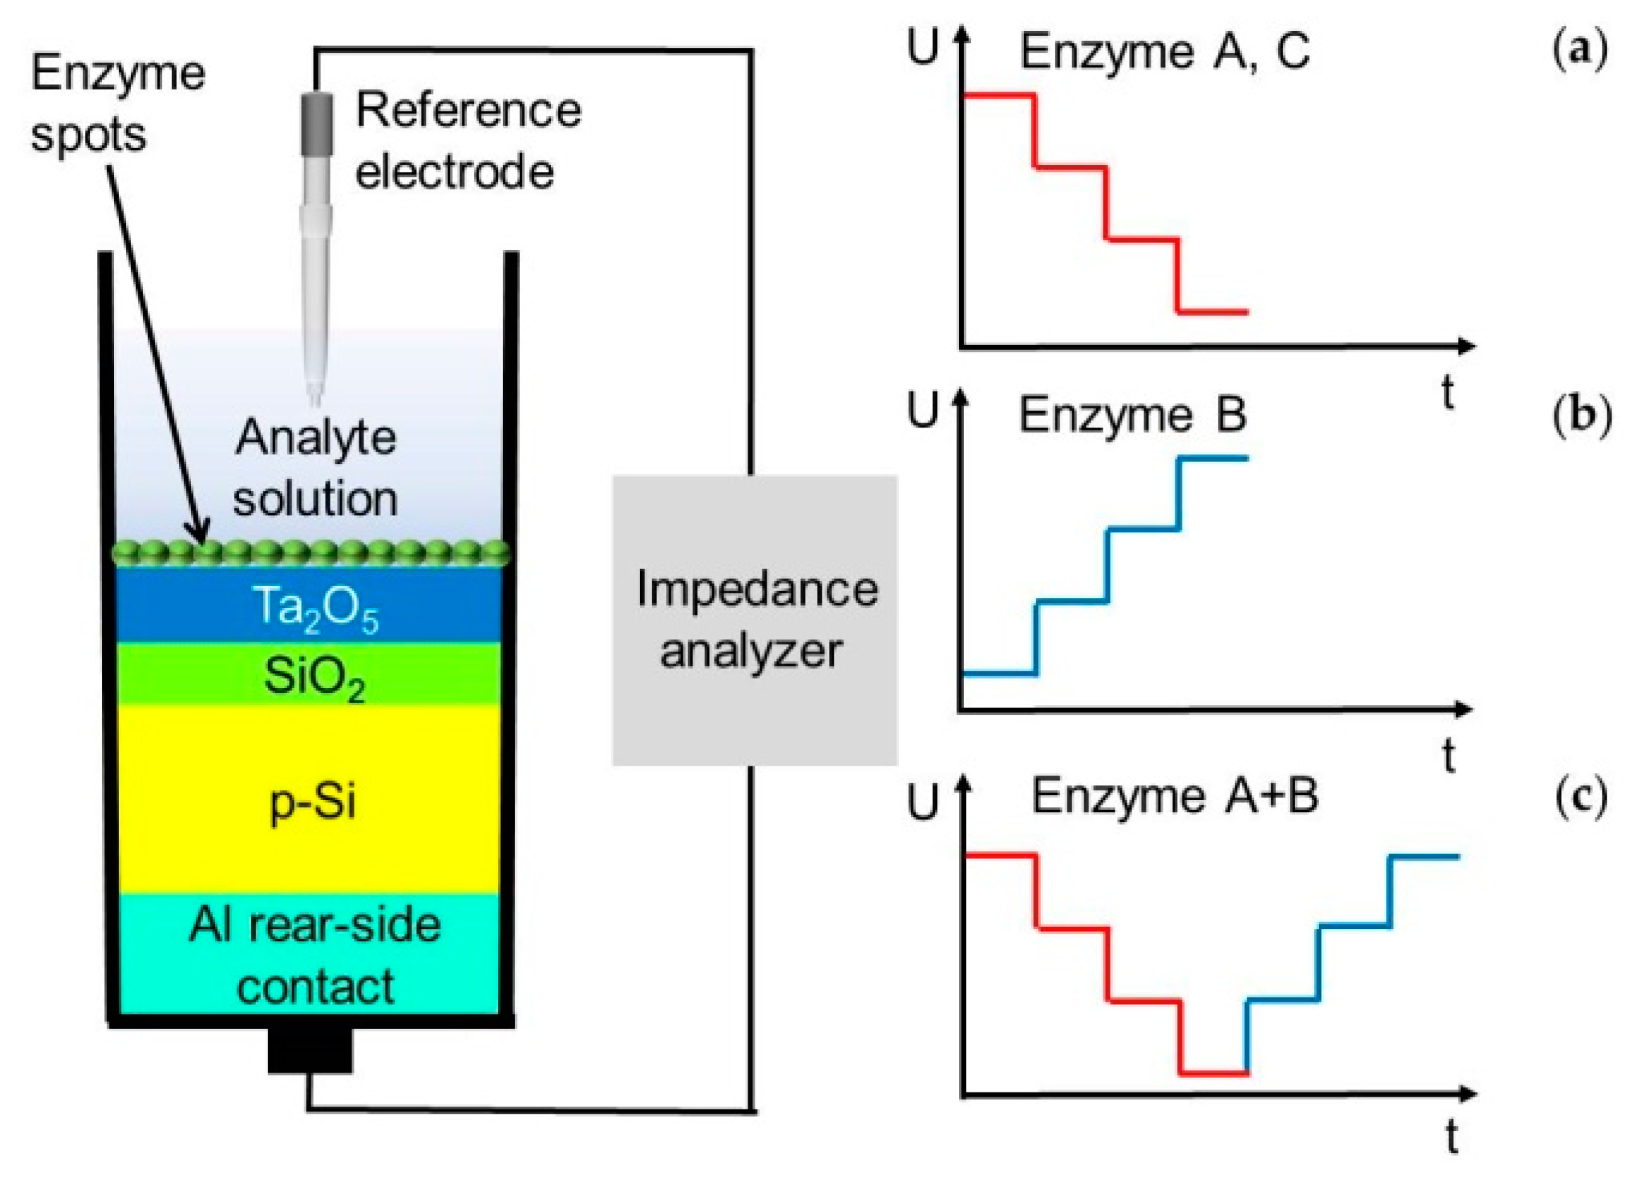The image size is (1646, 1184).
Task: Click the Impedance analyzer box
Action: click(754, 621)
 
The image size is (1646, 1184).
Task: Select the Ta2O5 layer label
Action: click(314, 608)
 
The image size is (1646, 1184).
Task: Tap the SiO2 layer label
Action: click(314, 678)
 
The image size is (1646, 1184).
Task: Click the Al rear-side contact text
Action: click(314, 956)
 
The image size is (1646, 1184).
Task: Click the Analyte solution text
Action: click(316, 468)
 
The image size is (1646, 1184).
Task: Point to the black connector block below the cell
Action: click(310, 1050)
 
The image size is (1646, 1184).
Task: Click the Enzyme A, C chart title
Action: click(1164, 52)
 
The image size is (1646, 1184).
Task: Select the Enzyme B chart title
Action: click(1132, 416)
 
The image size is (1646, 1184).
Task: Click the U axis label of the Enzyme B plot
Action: click(922, 411)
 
